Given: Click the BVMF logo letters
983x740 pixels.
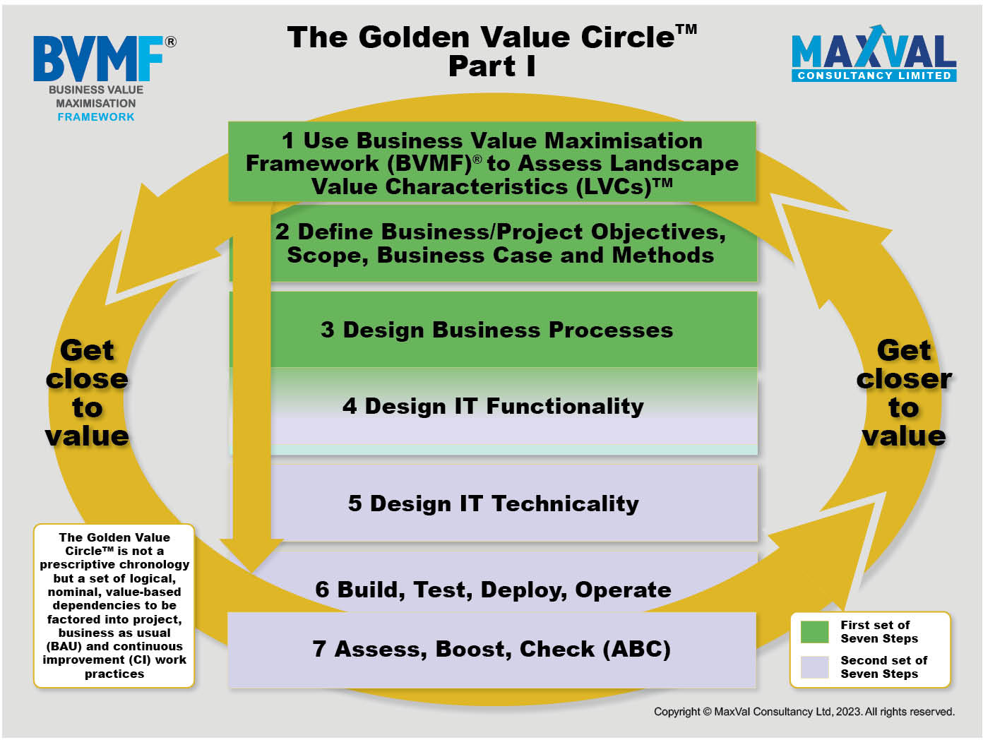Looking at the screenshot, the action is pyautogui.click(x=97, y=58).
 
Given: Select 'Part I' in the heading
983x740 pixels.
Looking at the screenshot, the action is pyautogui.click(x=491, y=66).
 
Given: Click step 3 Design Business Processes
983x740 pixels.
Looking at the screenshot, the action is pyautogui.click(x=496, y=330).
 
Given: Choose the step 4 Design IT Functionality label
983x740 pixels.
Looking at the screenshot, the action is pyautogui.click(x=493, y=405).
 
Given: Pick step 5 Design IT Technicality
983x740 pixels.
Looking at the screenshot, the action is pyautogui.click(x=493, y=503).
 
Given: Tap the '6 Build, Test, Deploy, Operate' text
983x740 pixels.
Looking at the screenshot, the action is pyautogui.click(x=493, y=589).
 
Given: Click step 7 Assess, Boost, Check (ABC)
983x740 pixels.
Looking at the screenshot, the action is pyautogui.click(x=491, y=649).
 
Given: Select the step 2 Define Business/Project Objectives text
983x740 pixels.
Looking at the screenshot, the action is pyautogui.click(x=500, y=243).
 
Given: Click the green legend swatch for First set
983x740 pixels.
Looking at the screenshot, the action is pyautogui.click(x=814, y=631).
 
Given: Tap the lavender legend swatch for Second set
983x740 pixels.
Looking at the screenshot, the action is pyautogui.click(x=814, y=667).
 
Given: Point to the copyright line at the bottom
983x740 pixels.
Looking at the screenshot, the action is pyautogui.click(x=804, y=711).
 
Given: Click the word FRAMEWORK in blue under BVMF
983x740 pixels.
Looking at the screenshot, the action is pyautogui.click(x=96, y=117).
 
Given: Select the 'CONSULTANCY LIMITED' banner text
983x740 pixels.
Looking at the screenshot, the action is pyautogui.click(x=874, y=76).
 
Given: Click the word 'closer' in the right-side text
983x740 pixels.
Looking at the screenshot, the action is pyautogui.click(x=904, y=378).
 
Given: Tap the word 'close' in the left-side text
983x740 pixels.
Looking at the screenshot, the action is pyautogui.click(x=87, y=378).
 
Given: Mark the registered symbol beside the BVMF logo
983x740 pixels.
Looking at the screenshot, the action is pyautogui.click(x=171, y=42).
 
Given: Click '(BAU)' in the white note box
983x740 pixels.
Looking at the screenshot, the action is pyautogui.click(x=64, y=646).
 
